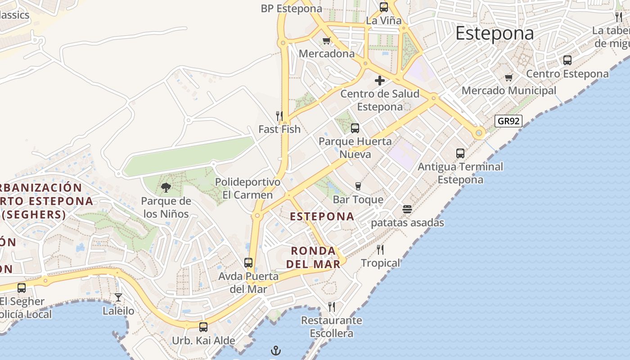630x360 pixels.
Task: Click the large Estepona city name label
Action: point(495,34)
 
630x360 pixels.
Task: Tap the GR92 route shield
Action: point(508,121)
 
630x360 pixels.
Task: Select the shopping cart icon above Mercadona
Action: point(327,41)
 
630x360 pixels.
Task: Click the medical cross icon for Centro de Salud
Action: point(380,81)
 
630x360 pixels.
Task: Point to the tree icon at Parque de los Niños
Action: point(166,187)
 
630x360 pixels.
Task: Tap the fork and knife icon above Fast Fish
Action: point(279,116)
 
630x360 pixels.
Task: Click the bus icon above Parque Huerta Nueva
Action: point(355,128)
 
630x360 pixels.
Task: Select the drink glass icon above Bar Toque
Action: point(358,186)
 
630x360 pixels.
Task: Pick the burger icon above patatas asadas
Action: point(407,209)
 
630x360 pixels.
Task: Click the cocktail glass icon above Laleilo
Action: point(118,297)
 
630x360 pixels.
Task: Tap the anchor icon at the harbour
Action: point(275,351)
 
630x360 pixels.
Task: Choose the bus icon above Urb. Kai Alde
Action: point(203,327)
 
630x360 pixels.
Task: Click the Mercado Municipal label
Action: point(509,90)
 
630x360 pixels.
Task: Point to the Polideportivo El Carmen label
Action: point(247,189)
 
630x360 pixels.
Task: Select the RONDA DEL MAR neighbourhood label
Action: point(313,257)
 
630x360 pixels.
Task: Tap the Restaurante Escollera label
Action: point(332,327)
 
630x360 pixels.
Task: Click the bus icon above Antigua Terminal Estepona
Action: point(460,153)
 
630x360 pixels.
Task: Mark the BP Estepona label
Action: point(292,9)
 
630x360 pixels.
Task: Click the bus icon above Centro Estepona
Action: point(567,60)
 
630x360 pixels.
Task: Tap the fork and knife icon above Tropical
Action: point(380,250)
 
